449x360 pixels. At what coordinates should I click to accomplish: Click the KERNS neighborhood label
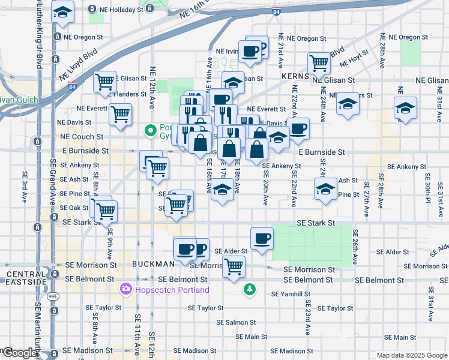(295, 77)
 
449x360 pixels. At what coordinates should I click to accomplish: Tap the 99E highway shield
(53, 280)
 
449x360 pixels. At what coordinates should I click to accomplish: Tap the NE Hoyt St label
(355, 61)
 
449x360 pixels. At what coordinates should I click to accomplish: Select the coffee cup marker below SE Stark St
(261, 239)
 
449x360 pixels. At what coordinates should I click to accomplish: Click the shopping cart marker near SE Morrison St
(234, 265)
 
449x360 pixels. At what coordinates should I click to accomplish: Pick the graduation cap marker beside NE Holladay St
(62, 11)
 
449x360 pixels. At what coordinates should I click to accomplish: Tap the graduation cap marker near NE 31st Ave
(406, 109)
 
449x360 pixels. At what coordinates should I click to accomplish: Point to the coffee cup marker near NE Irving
(250, 50)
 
